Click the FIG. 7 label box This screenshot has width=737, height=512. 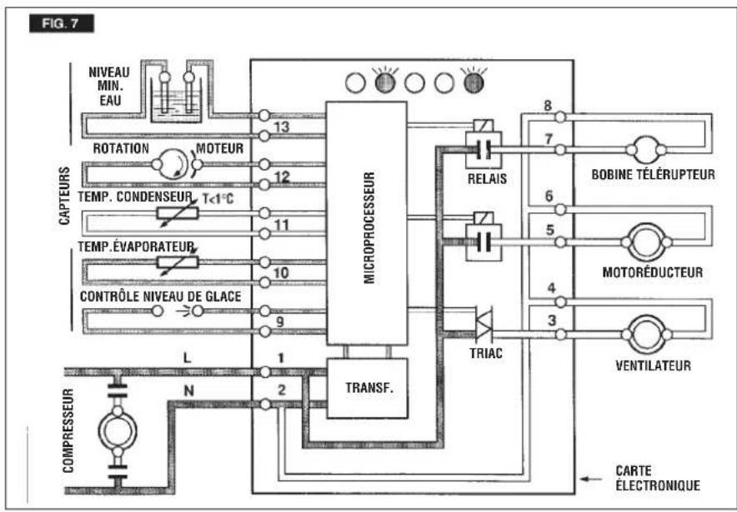click(x=62, y=23)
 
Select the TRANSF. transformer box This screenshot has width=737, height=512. click(x=367, y=388)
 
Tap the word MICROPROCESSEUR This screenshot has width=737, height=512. click(x=369, y=228)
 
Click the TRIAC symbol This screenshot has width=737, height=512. click(x=484, y=324)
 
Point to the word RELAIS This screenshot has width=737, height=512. click(x=488, y=179)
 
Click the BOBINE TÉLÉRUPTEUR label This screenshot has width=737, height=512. click(x=653, y=175)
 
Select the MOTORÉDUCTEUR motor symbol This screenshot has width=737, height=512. click(x=646, y=242)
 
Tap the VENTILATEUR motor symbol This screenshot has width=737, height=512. click(x=647, y=335)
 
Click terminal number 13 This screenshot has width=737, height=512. click(x=283, y=127)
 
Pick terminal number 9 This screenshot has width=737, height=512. click(x=280, y=322)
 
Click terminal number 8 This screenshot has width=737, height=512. click(x=548, y=106)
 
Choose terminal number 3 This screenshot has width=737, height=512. click(x=552, y=321)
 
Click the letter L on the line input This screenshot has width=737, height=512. click(x=187, y=358)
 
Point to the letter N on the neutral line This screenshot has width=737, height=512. click(x=188, y=390)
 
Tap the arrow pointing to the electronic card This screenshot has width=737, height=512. click(x=591, y=480)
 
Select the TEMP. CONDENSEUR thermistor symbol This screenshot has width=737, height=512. click(x=178, y=213)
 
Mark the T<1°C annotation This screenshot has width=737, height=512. click(x=218, y=199)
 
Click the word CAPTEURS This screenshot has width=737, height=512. click(x=64, y=196)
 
